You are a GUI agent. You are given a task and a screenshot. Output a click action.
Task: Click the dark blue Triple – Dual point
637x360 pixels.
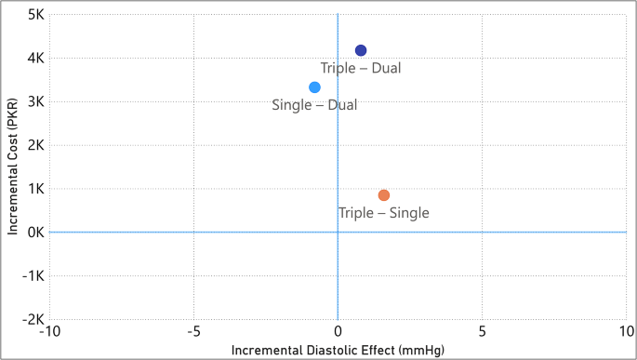361,50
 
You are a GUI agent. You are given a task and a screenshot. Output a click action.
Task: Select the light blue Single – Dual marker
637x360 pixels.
314,87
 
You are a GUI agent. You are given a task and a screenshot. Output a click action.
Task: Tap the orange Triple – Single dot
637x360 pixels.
384,195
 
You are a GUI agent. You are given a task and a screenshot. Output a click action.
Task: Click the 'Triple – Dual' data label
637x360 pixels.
361,68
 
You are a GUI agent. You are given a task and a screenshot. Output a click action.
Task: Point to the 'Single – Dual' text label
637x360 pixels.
314,105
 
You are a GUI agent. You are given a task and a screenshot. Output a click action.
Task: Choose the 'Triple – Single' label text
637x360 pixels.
383,213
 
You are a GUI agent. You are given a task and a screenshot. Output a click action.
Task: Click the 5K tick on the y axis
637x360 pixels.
35,15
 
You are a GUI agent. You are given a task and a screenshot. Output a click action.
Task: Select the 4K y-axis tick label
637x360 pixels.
35,59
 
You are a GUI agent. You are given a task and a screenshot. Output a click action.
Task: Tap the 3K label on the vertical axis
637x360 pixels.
35,101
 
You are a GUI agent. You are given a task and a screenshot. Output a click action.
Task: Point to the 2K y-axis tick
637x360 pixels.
35,145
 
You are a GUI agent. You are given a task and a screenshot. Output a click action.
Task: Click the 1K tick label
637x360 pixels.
35,189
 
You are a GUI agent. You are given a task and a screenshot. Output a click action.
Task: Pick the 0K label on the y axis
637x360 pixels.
35,232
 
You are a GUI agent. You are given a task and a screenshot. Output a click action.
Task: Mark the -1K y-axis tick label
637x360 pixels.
33,275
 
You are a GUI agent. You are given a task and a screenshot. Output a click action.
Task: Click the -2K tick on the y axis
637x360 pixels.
33,319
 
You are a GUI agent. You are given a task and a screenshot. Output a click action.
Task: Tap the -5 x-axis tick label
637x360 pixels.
193,332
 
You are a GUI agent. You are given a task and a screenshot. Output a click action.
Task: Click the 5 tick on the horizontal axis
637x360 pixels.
482,332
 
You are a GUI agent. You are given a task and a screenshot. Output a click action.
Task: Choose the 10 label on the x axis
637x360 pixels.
625,332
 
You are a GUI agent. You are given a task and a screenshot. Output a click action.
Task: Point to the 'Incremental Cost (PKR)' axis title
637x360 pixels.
13,167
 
